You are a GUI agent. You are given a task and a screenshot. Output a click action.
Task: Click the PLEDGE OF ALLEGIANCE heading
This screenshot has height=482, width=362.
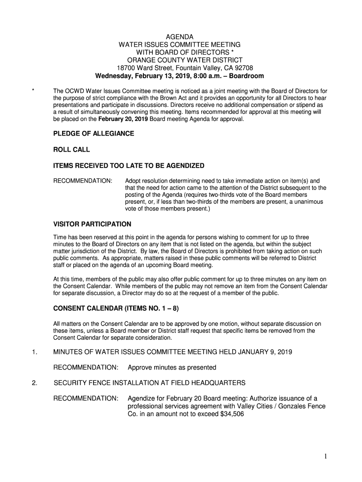94,134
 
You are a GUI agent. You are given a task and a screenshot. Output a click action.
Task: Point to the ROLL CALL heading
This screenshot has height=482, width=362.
71,150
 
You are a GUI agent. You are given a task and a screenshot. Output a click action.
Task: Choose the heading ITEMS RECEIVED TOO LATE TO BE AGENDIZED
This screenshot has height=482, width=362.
129,166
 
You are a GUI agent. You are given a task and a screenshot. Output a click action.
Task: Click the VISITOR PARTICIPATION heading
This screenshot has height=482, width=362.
92,224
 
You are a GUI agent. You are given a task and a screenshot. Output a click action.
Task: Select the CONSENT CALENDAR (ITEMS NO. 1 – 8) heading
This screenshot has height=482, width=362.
116,309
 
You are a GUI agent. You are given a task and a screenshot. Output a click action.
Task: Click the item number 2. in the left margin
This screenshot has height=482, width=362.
34,383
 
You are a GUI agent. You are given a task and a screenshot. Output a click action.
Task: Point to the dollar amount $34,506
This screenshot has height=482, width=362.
229,414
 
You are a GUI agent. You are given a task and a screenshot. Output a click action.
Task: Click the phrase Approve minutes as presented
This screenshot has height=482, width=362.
172,367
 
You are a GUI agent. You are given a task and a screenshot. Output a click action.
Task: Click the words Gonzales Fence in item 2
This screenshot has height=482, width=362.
303,406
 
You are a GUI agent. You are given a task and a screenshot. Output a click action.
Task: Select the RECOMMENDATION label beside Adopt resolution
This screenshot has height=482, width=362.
83,181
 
